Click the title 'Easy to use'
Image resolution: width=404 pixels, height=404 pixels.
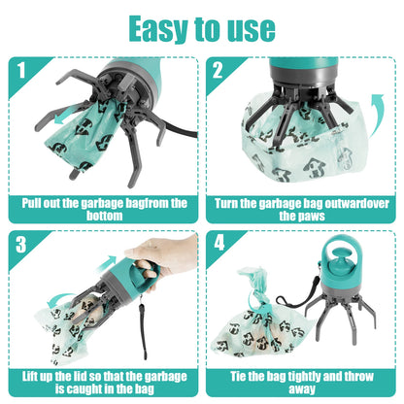coord(202,27)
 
